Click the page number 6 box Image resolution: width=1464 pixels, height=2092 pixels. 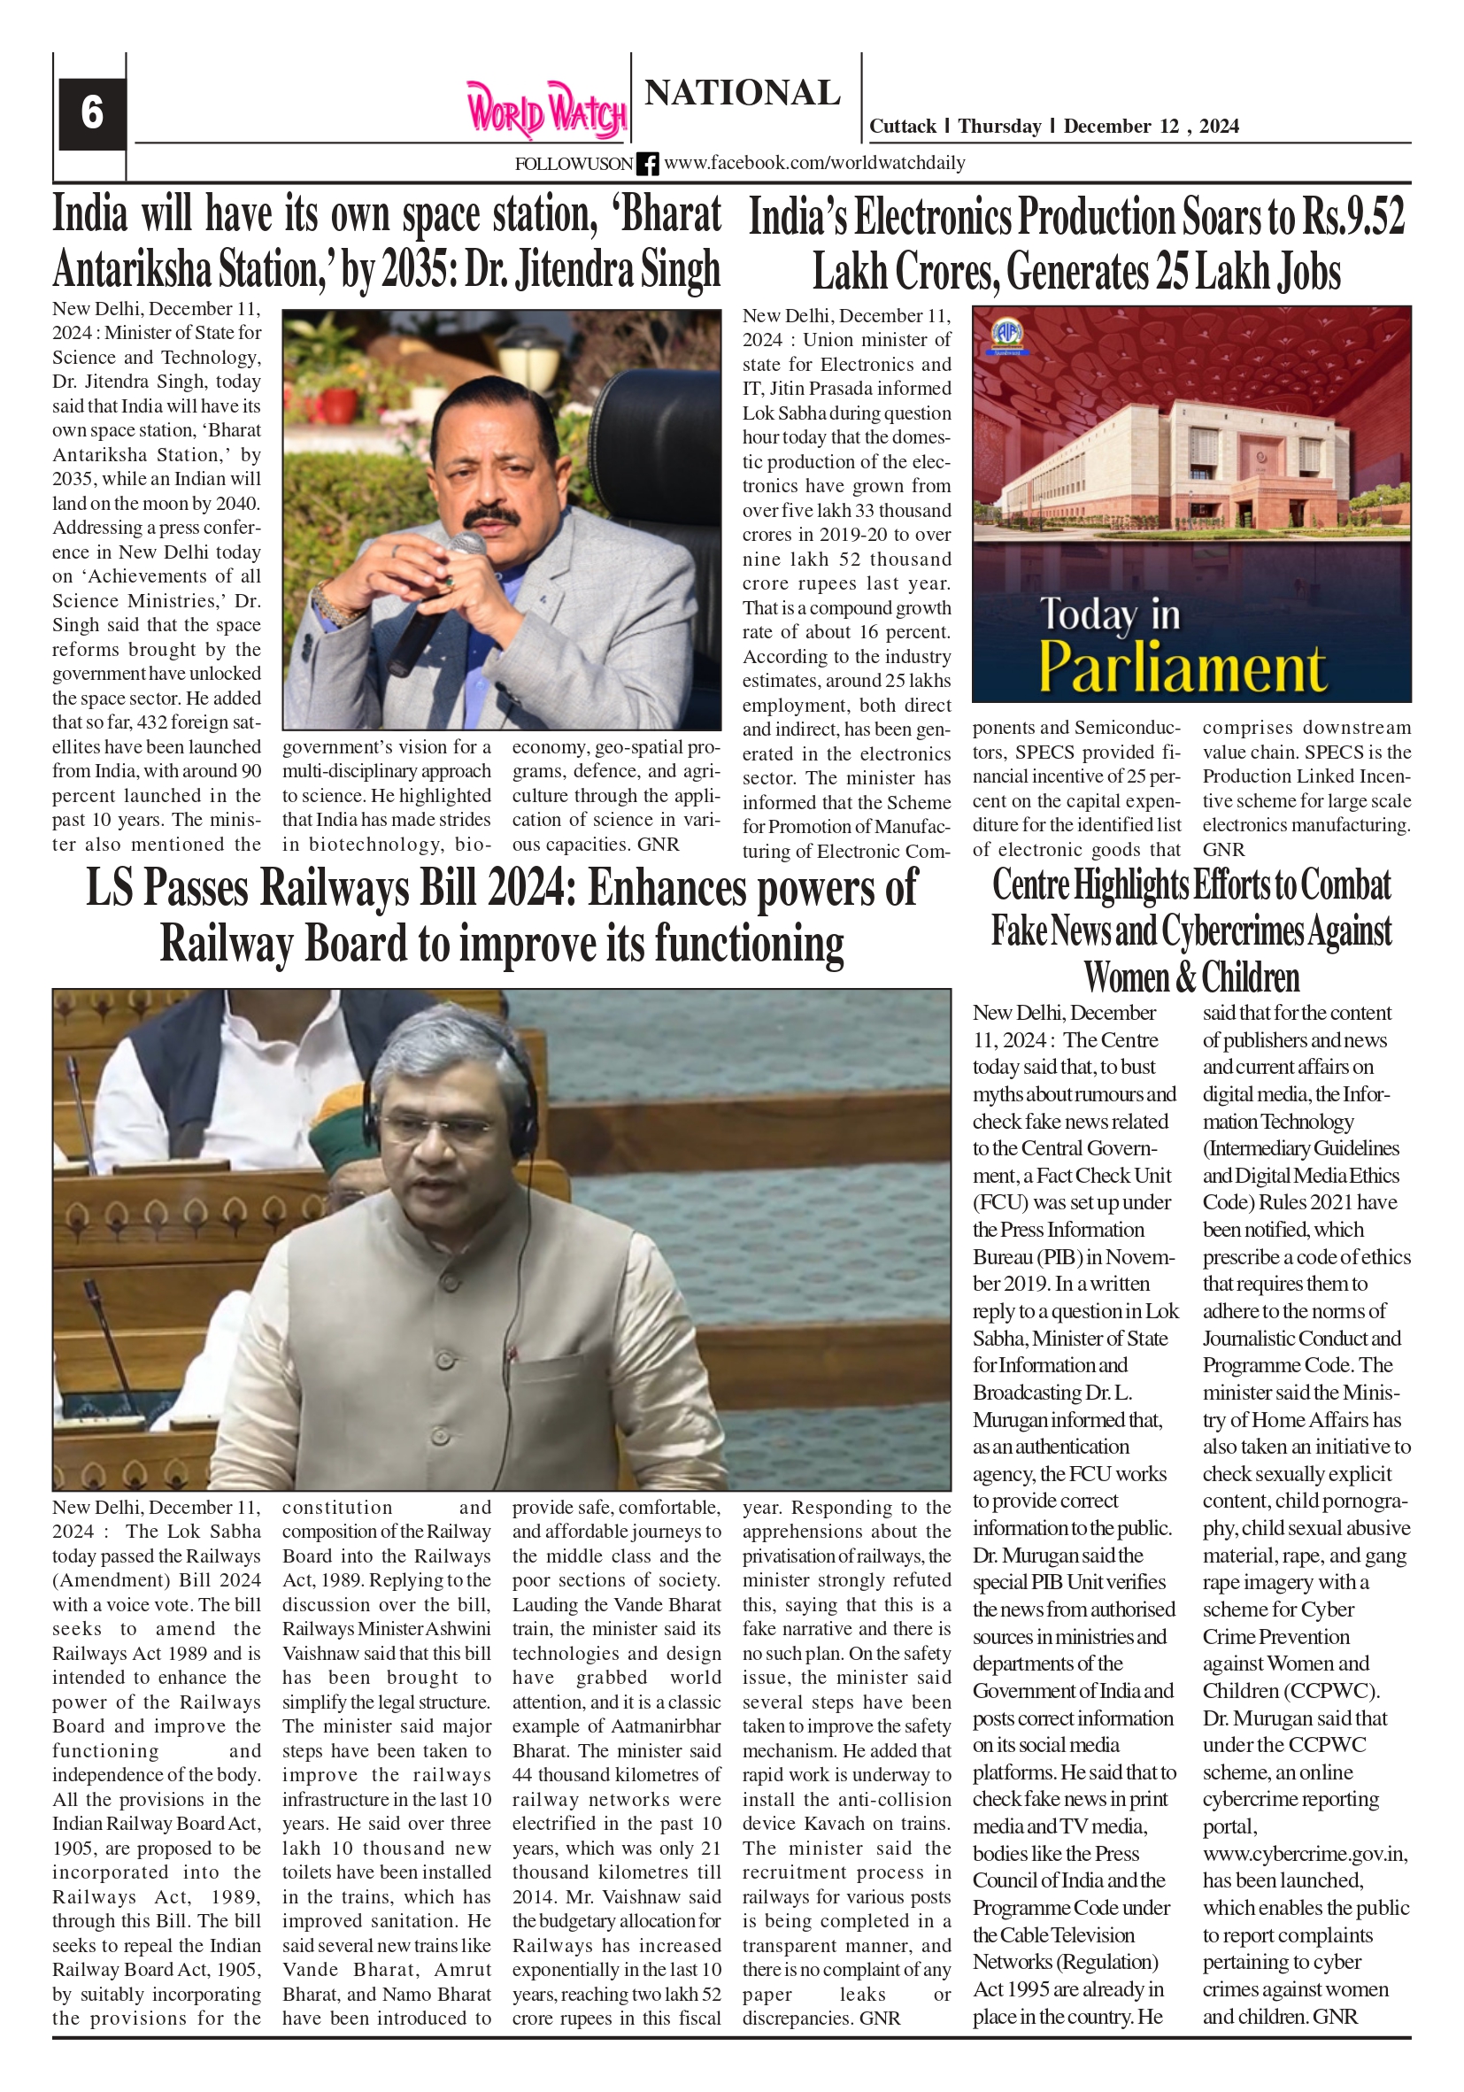click(x=91, y=113)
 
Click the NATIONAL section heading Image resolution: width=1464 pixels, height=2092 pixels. click(x=742, y=93)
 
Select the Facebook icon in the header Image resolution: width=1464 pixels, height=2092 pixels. click(x=647, y=164)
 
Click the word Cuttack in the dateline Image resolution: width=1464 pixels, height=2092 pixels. click(x=902, y=127)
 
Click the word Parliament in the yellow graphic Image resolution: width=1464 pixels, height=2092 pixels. click(x=1182, y=668)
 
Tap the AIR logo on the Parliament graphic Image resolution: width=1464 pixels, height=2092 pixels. click(x=1006, y=335)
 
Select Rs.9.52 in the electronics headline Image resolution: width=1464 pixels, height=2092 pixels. click(x=1352, y=217)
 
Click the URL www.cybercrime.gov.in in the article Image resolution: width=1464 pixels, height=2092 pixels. click(x=1305, y=1854)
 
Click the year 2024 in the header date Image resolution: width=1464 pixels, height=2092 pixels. click(x=1218, y=127)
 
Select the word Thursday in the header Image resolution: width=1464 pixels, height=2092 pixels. click(x=998, y=127)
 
